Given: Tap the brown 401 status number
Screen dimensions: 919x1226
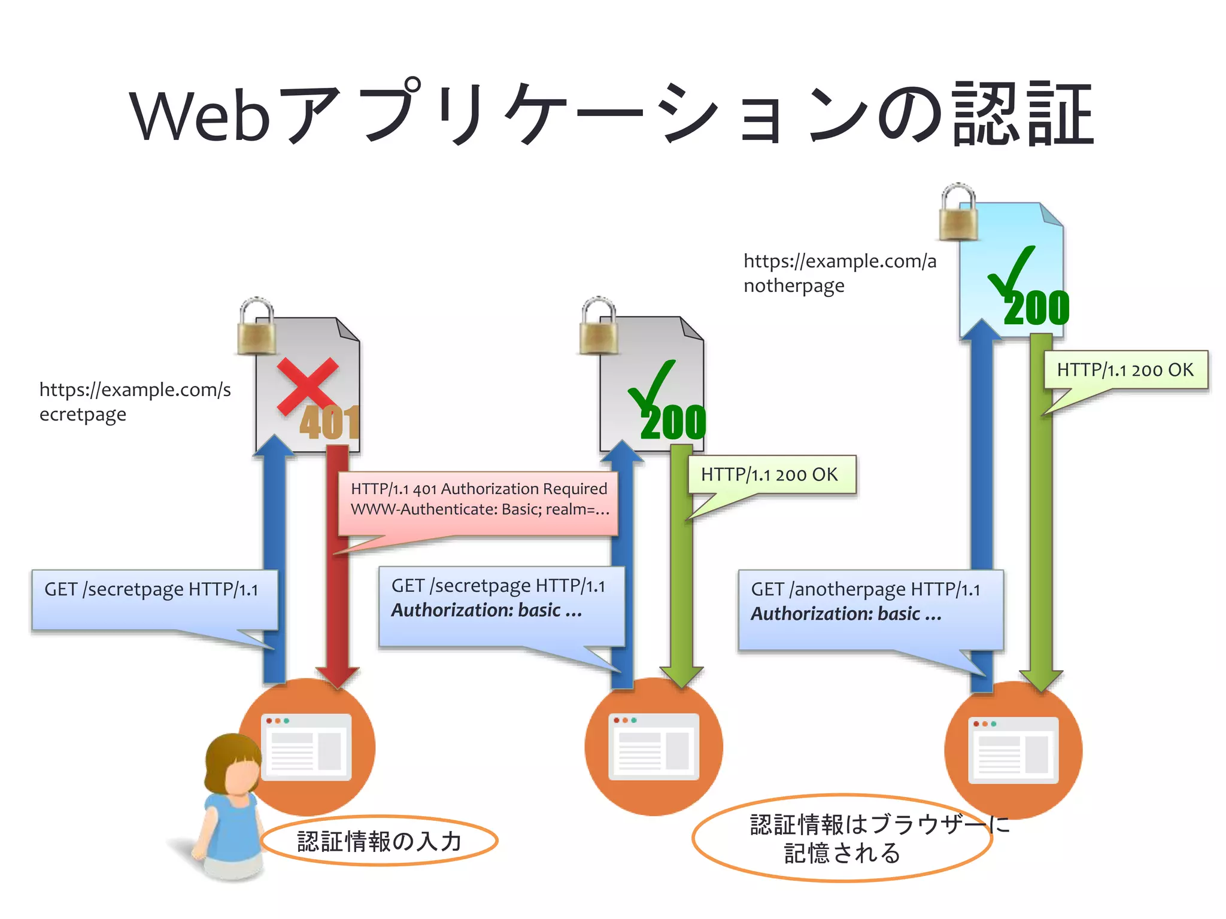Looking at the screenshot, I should [329, 422].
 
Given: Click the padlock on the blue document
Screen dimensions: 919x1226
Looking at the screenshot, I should [958, 213].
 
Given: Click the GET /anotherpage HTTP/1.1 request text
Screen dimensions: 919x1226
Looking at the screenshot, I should [865, 590].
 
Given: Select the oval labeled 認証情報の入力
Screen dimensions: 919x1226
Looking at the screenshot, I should [380, 841].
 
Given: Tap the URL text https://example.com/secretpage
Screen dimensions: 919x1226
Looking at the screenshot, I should [135, 401].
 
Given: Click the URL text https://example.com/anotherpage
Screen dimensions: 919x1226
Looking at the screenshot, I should [839, 273].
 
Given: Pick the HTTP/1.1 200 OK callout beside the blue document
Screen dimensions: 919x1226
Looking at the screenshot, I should [1125, 370].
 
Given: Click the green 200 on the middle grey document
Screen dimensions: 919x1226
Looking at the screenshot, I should [673, 422].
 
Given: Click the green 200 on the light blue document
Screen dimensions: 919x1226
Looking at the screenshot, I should [1036, 309].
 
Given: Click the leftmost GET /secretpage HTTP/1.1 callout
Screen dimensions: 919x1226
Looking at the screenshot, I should [154, 598].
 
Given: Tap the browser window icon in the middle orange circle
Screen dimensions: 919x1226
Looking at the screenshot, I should [653, 747].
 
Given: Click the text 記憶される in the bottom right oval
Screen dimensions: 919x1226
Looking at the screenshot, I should [842, 853].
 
